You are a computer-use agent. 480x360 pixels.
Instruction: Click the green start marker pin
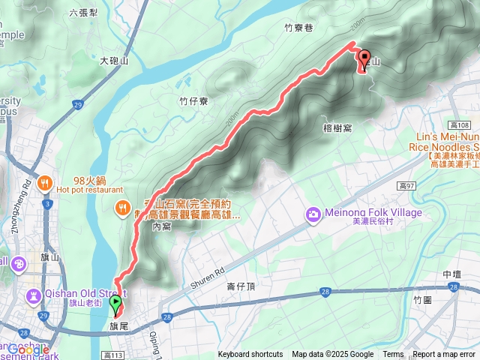[x=115, y=304]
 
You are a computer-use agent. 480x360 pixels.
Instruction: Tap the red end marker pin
[x=364, y=59]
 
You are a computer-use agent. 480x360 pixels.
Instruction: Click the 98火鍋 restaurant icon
[x=46, y=182]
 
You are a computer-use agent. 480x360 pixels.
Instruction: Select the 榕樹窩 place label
[x=337, y=128]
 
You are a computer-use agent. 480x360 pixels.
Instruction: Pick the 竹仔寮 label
[x=193, y=100]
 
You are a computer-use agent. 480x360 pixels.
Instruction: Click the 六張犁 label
[x=83, y=12]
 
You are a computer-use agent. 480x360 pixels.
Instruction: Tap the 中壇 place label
[x=451, y=274]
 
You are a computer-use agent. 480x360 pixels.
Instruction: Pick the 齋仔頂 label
[x=241, y=286]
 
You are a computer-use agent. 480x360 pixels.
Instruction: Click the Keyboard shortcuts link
[x=250, y=355]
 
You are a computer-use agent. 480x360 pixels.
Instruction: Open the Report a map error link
[x=444, y=355]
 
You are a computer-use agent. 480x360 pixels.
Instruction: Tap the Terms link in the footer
[x=393, y=355]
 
